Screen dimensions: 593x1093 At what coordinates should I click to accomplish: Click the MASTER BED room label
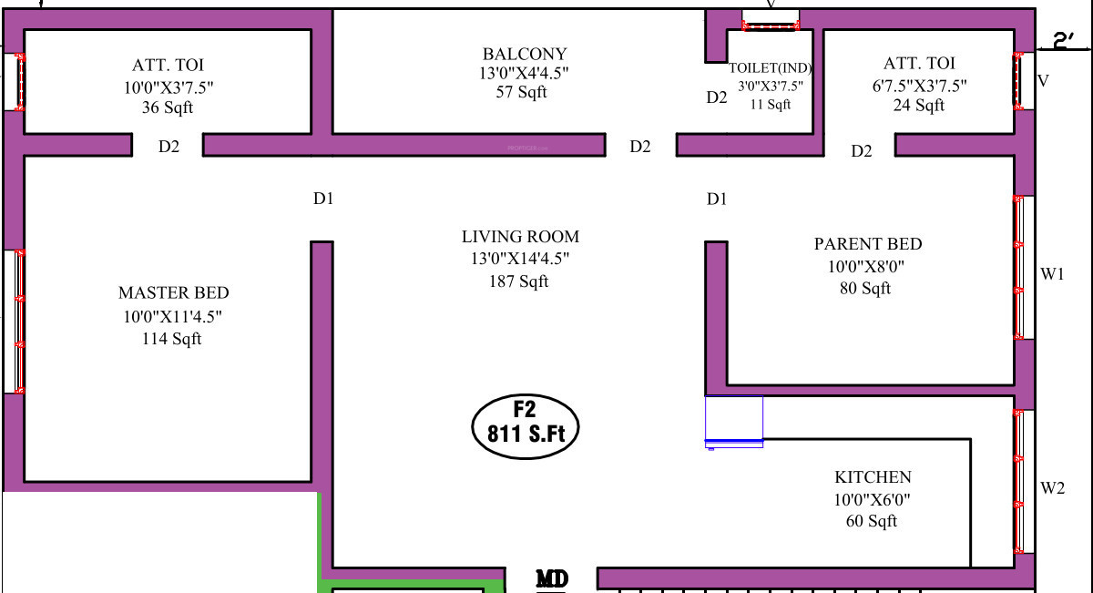(x=173, y=293)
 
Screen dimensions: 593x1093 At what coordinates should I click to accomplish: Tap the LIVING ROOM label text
(x=520, y=237)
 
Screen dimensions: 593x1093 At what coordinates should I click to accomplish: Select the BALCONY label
(x=525, y=54)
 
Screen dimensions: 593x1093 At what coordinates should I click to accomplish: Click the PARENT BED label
(x=867, y=244)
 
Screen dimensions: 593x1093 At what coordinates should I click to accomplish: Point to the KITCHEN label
(x=873, y=477)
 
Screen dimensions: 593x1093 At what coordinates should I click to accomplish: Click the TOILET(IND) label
(x=770, y=68)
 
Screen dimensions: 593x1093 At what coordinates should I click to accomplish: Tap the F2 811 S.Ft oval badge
(x=526, y=424)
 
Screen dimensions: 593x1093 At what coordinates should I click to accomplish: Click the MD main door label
(x=552, y=578)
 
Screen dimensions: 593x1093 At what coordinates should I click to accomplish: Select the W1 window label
(x=1053, y=274)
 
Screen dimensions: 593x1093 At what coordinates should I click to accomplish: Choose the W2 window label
(x=1053, y=488)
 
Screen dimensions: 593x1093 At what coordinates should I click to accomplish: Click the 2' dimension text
(x=1064, y=40)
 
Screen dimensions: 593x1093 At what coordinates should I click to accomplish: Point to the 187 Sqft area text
(x=519, y=281)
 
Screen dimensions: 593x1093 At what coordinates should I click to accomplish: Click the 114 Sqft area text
(x=173, y=339)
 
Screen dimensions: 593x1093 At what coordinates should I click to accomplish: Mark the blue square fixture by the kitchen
(x=734, y=419)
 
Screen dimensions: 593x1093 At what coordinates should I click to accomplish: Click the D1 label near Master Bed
(x=323, y=199)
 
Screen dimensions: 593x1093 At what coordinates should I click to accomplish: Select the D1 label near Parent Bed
(x=717, y=199)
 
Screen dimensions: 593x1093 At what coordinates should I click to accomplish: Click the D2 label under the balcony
(x=640, y=147)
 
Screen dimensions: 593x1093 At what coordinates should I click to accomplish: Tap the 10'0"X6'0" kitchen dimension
(x=872, y=499)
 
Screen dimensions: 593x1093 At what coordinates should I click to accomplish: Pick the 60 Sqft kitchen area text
(x=871, y=521)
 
